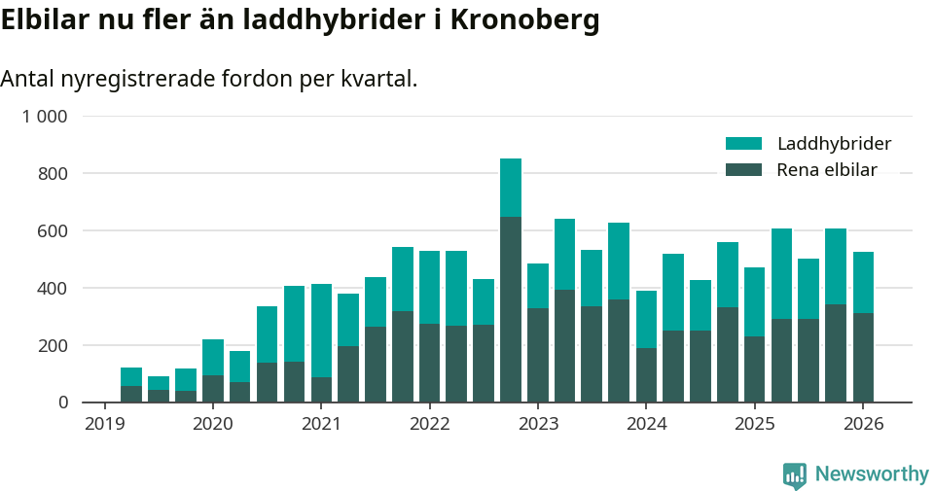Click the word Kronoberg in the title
(x=524, y=21)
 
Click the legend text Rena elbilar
(x=826, y=170)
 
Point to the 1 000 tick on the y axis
(x=46, y=117)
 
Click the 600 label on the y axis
(x=54, y=231)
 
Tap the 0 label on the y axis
(x=63, y=403)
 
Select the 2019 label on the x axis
(x=104, y=424)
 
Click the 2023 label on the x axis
(x=538, y=424)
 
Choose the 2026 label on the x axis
(x=863, y=424)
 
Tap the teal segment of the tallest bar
(x=511, y=188)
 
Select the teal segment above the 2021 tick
(x=321, y=331)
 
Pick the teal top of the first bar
(x=131, y=376)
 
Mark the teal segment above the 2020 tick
(x=213, y=357)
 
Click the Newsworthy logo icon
(x=794, y=475)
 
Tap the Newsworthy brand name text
(x=871, y=474)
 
